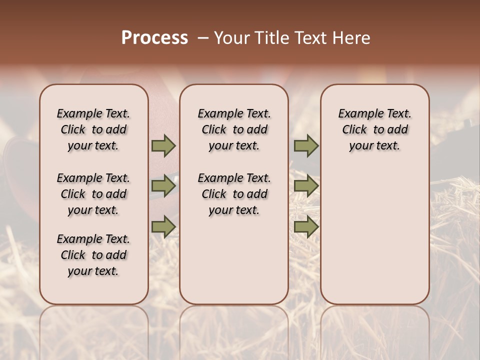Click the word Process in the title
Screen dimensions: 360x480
click(154, 38)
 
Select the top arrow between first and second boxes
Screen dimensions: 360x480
click(163, 145)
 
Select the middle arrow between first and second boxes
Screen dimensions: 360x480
click(163, 186)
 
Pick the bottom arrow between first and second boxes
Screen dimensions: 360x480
click(163, 227)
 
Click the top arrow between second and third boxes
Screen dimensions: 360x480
click(306, 145)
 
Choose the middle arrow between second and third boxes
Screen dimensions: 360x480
click(306, 186)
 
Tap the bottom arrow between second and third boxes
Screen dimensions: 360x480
click(306, 227)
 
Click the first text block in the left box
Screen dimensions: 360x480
click(93, 129)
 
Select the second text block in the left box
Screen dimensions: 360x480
click(93, 194)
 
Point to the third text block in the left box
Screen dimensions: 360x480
click(93, 255)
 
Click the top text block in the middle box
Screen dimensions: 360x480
click(234, 129)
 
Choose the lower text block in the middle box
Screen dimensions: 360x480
click(234, 194)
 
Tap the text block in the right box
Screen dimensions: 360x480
click(374, 129)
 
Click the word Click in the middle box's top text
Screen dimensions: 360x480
click(214, 130)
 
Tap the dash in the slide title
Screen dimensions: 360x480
click(203, 38)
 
